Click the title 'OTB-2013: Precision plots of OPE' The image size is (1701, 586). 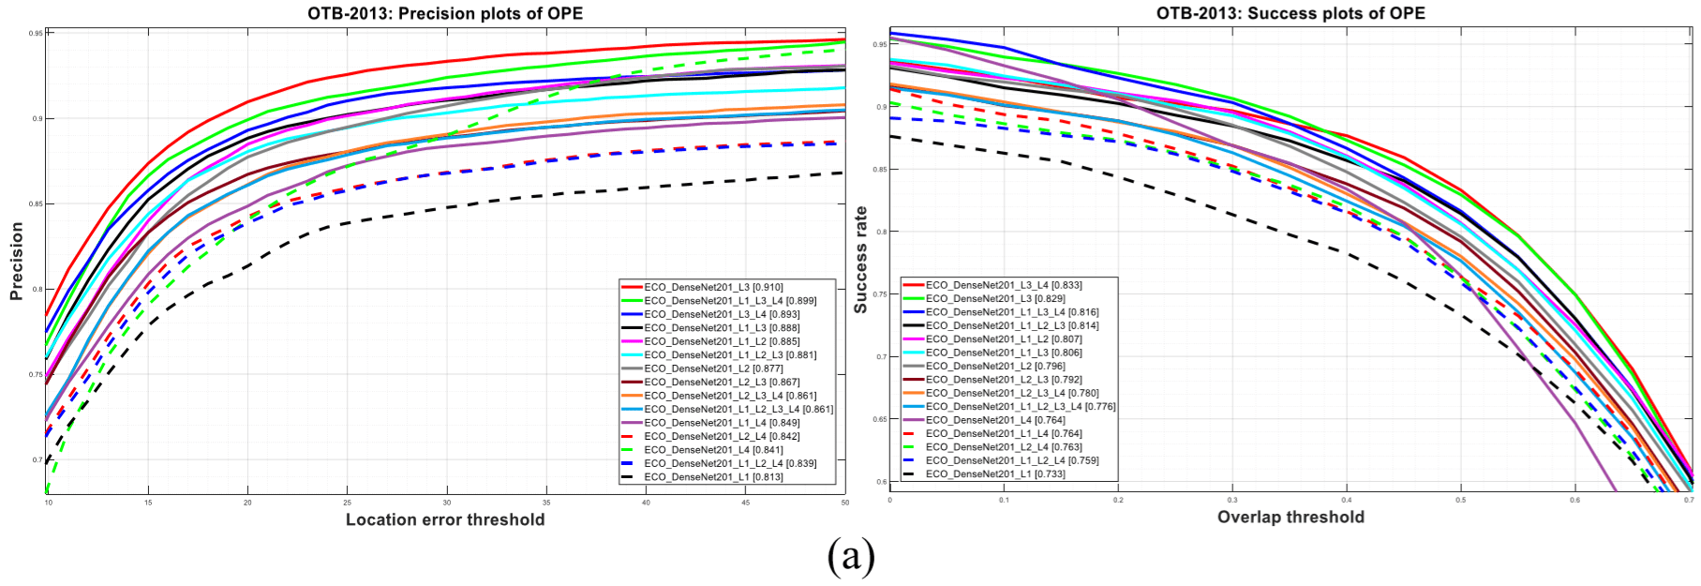444,13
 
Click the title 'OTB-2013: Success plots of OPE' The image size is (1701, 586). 1291,13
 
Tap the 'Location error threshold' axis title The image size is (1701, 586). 445,519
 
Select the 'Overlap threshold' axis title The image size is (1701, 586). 1291,517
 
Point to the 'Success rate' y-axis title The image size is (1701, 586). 860,260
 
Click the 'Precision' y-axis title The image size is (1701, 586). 16,261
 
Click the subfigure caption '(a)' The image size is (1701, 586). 850,556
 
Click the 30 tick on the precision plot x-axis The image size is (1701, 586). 447,503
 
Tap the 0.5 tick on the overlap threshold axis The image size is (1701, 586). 1460,501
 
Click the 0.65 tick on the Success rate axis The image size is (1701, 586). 880,419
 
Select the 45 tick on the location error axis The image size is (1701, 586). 745,503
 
